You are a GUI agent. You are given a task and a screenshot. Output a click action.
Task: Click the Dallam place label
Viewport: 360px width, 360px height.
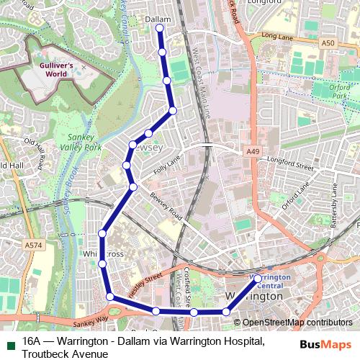coord(158,19)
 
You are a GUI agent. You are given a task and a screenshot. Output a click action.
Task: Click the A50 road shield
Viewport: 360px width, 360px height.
coord(328,43)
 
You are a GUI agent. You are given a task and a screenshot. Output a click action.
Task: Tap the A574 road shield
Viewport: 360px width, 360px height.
coord(32,245)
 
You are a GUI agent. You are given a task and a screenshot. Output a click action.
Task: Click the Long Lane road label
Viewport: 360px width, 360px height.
coord(278,35)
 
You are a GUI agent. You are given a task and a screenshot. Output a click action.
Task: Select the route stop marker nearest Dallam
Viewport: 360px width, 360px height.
coord(160,29)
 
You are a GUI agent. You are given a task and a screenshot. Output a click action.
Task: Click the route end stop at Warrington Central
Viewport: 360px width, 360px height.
coord(258,278)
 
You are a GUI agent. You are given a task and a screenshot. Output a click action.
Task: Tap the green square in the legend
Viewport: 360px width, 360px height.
coord(10,341)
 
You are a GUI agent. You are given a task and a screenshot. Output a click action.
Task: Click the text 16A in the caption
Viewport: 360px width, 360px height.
coord(31,341)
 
